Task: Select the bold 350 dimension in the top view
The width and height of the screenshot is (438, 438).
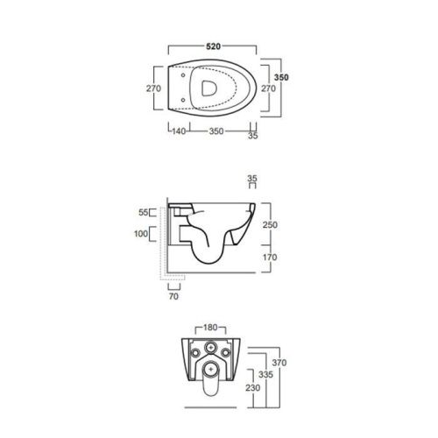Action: click(x=281, y=78)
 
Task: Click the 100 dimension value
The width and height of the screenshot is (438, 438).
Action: click(x=141, y=234)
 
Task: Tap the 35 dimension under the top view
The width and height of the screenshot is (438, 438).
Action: click(x=252, y=137)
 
